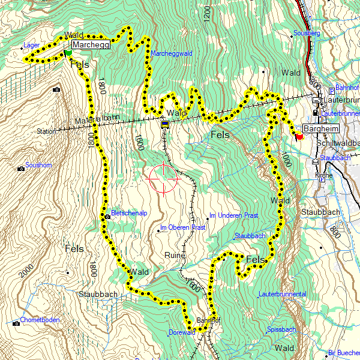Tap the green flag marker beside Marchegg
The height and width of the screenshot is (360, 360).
coord(68,53)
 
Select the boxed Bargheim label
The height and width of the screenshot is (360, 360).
coord(321,128)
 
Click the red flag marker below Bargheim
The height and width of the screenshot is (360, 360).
coord(299,136)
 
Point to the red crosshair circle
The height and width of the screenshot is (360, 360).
coord(163,178)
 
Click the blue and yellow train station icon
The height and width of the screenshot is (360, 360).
coord(164,124)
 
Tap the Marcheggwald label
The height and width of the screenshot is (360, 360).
coord(171,53)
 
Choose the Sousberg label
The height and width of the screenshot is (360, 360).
coord(307,33)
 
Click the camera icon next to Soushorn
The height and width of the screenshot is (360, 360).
coord(22,168)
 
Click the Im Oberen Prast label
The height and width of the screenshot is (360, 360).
coord(183,227)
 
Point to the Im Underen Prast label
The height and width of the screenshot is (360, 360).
coord(233,215)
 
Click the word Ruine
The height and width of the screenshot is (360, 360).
coord(175,255)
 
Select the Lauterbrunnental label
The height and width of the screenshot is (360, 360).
coord(282,294)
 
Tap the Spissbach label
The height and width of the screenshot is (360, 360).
coord(281,329)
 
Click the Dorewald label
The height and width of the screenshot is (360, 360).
coord(182,332)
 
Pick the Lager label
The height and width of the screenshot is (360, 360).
coord(31,45)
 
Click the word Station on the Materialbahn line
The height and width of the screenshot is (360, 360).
coord(46,131)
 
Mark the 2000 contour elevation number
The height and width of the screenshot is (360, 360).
coord(26,269)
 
